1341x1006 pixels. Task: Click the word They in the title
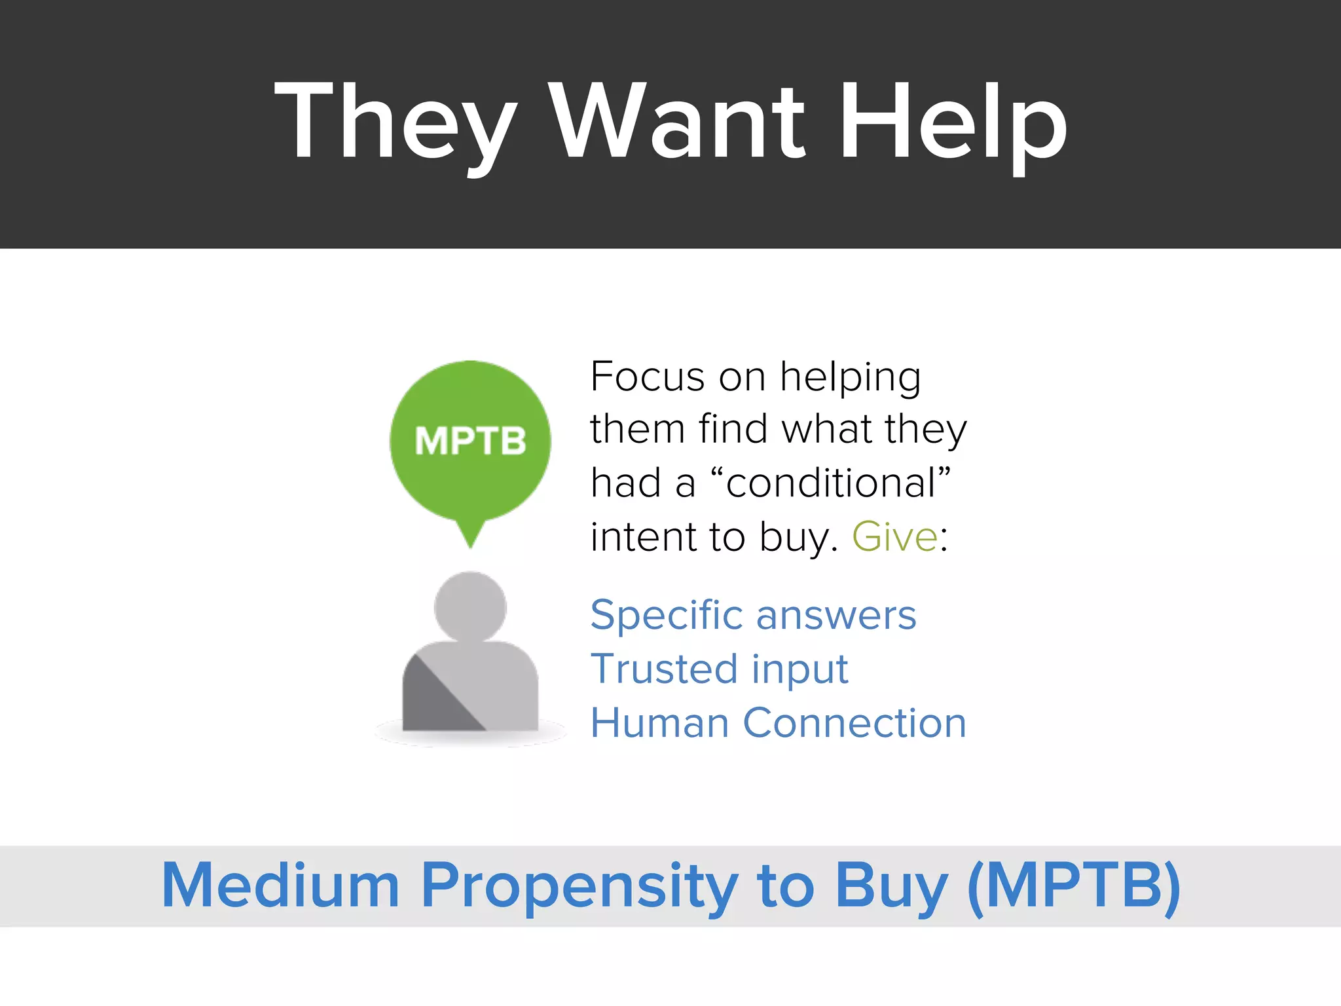pos(395,121)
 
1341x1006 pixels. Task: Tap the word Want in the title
pos(677,121)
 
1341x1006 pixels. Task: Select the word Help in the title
pos(953,121)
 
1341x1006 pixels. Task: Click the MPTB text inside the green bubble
pos(470,441)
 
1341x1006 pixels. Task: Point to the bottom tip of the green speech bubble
pos(470,545)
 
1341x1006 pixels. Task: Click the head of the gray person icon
pos(470,606)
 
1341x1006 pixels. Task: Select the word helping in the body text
pos(850,379)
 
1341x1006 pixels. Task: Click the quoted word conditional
pos(830,483)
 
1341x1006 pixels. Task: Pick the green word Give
pos(894,537)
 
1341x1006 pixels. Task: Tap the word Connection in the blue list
pos(854,723)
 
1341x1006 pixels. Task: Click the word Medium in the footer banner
pos(280,885)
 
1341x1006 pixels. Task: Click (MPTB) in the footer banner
pos(1074,885)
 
